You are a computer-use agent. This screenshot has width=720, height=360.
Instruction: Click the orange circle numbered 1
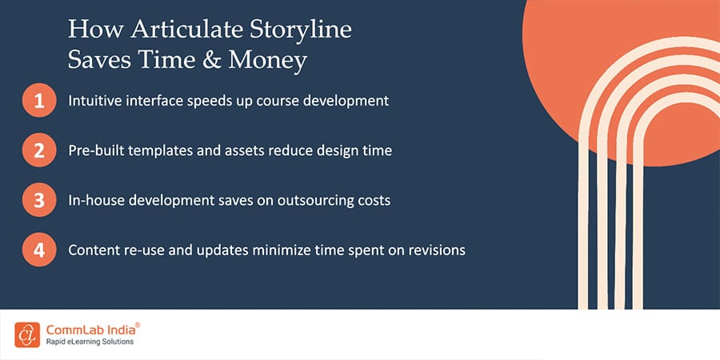click(x=39, y=100)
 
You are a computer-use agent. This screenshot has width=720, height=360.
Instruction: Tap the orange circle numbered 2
click(x=39, y=150)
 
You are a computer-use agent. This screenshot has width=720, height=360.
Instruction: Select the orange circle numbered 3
click(x=39, y=200)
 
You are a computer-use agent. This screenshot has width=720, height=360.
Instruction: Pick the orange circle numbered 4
click(x=39, y=250)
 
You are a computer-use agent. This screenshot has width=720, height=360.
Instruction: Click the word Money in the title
click(x=267, y=61)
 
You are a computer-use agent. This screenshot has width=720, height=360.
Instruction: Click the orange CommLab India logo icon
click(x=27, y=334)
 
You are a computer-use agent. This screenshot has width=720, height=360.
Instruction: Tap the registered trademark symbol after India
click(x=138, y=325)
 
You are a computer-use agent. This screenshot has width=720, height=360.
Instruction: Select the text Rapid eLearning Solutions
click(x=90, y=342)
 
